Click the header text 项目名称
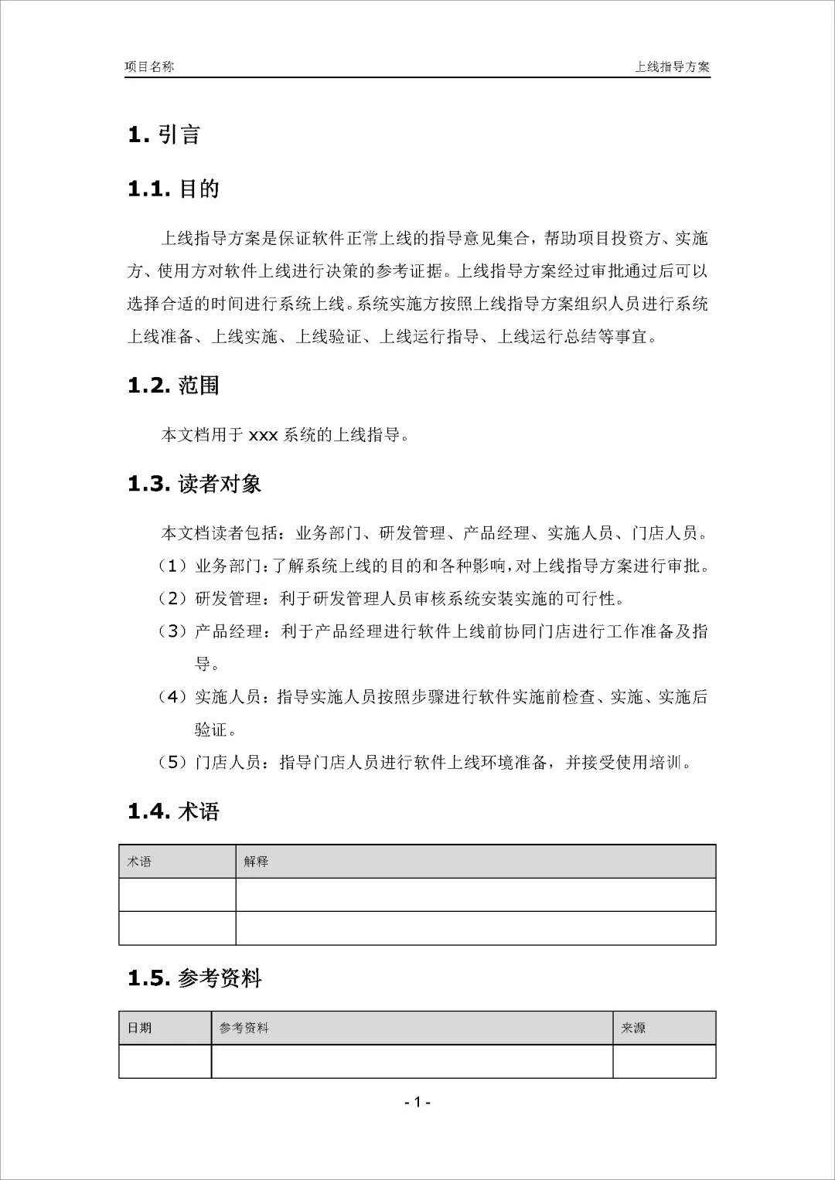[x=149, y=66]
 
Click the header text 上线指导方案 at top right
[x=672, y=66]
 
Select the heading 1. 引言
[x=164, y=134]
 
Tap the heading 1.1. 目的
[x=173, y=189]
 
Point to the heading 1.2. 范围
[x=173, y=385]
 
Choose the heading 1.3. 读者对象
[x=194, y=484]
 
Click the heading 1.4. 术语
[x=173, y=811]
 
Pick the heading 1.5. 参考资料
[x=194, y=978]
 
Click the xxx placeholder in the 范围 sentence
[x=263, y=435]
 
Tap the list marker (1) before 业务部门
[x=173, y=566]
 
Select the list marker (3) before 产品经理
[x=173, y=631]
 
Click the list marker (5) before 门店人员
[x=173, y=763]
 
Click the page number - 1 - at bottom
[x=417, y=1102]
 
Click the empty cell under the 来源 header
[x=664, y=1062]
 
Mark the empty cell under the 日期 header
[x=165, y=1062]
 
